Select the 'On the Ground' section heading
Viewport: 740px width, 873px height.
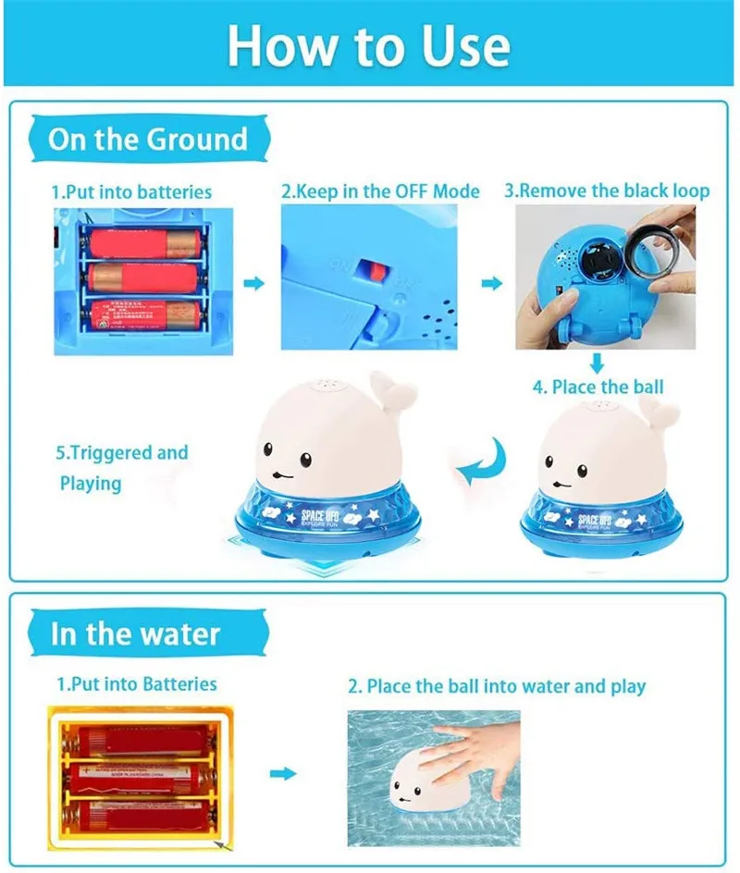pos(148,140)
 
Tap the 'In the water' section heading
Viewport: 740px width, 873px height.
pos(135,634)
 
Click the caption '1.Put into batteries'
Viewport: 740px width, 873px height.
pos(131,192)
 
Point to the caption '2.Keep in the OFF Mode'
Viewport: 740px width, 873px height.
pos(380,191)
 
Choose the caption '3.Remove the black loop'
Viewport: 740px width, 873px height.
pos(607,191)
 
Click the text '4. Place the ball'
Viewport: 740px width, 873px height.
pos(598,387)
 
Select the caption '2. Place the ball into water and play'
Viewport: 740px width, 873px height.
pos(497,686)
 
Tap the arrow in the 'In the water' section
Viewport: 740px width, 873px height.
pos(289,773)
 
